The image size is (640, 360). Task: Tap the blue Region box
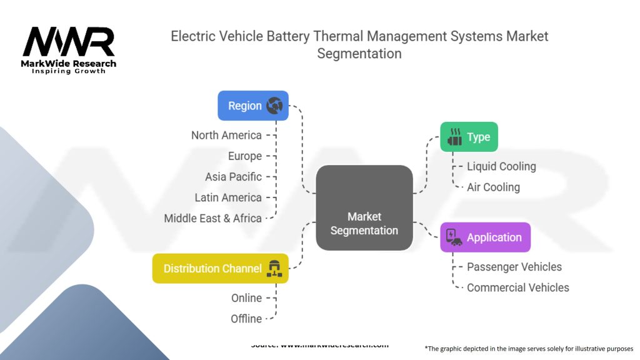252,106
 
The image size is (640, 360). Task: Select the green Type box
469,137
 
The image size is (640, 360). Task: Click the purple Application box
485,237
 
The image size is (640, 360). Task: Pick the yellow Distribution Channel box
220,268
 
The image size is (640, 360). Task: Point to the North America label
226,135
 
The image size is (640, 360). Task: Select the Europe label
245,156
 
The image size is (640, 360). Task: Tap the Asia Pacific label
233,176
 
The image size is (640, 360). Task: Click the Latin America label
228,197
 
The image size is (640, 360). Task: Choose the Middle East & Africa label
212,218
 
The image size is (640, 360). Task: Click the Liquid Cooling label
501,166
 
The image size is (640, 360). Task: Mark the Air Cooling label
493,187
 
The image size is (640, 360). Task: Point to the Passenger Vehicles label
514,267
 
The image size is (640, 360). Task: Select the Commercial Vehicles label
518,287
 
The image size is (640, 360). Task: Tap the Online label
246,298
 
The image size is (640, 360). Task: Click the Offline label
246,319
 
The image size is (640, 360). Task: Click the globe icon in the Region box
274,106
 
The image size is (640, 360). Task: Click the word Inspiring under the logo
49,71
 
